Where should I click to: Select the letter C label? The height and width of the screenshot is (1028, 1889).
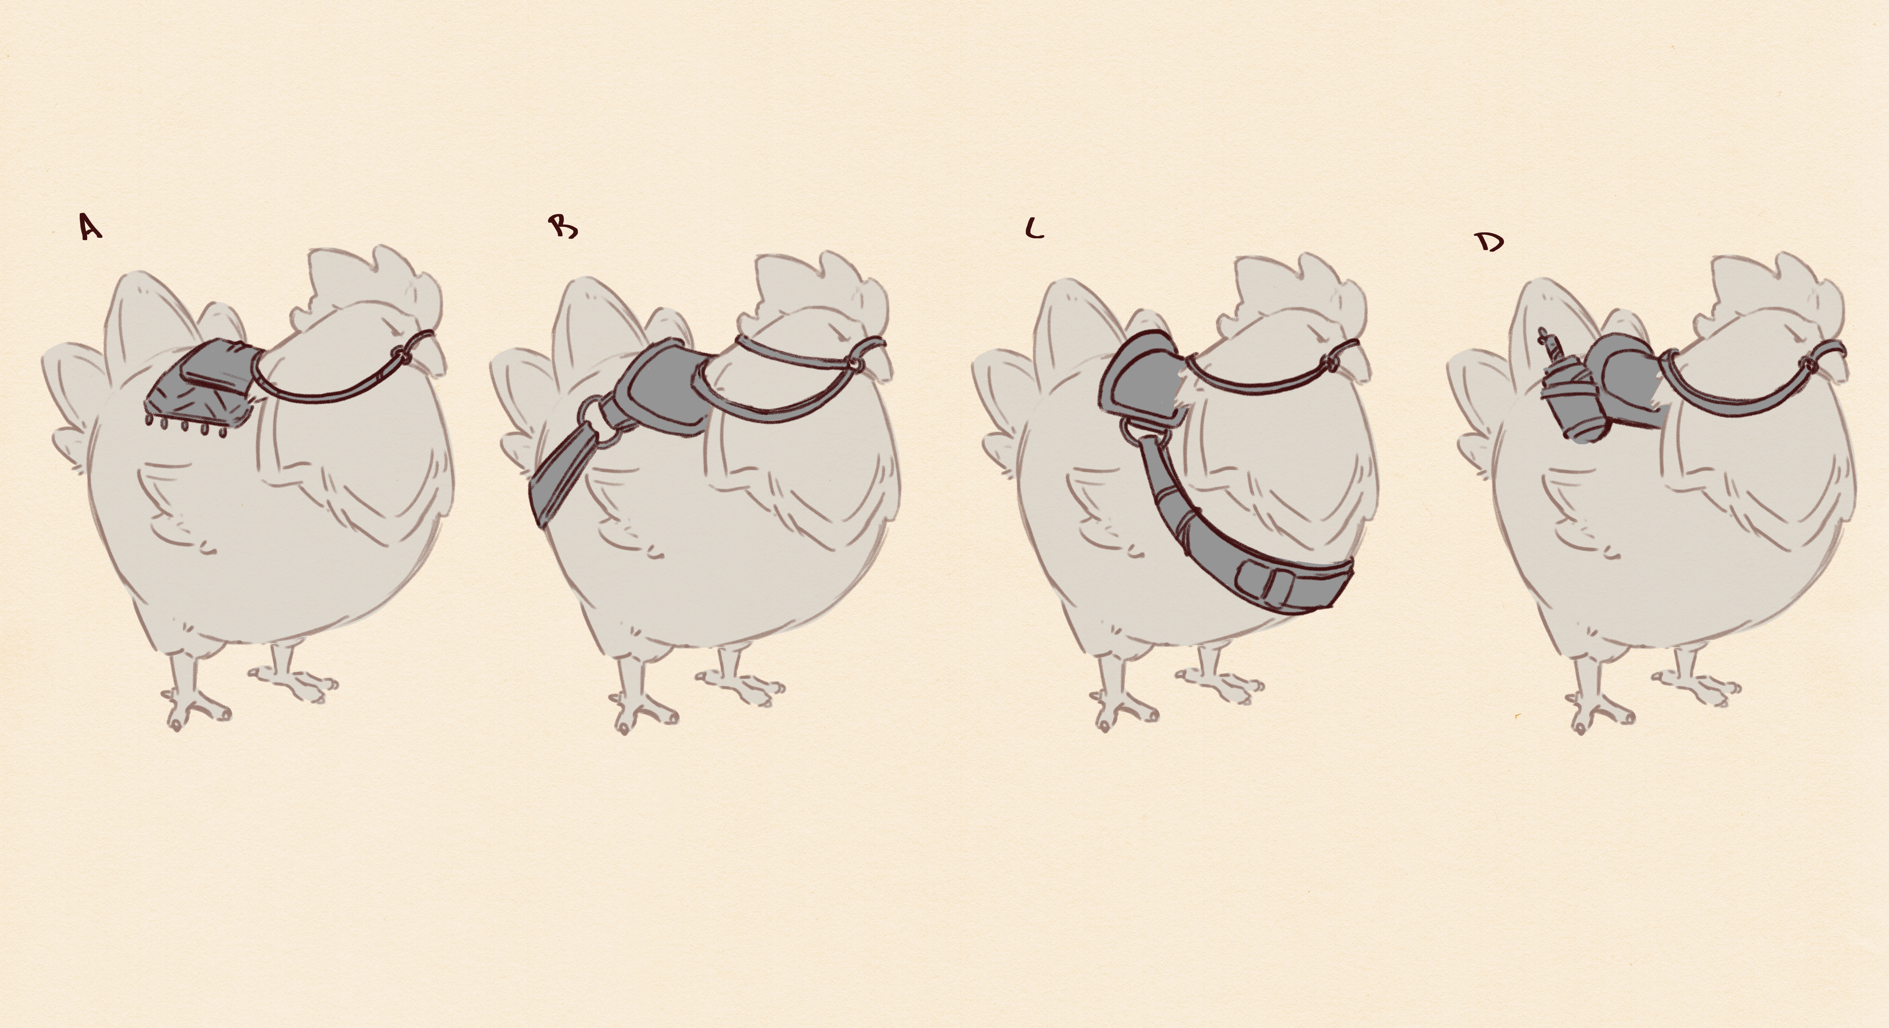click(x=1034, y=230)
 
